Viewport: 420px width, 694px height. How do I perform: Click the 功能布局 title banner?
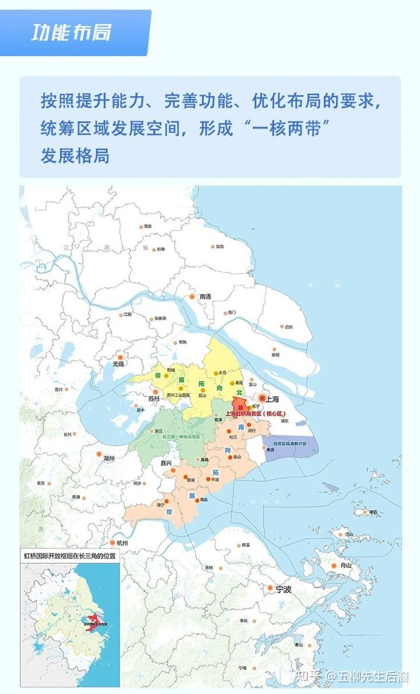click(x=71, y=33)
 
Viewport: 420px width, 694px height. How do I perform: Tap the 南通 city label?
click(x=205, y=297)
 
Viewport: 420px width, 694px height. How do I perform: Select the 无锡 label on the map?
click(x=118, y=364)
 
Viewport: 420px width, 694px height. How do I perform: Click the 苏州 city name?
click(x=154, y=399)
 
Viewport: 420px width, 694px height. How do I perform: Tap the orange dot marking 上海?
click(x=262, y=398)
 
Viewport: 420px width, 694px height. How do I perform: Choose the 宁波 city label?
click(x=283, y=590)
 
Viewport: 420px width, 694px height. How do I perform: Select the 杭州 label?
click(x=121, y=543)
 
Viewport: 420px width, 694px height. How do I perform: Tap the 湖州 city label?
click(x=109, y=459)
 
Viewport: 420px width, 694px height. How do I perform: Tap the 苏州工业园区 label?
click(x=178, y=395)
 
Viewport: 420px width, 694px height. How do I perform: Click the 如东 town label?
click(x=220, y=246)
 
